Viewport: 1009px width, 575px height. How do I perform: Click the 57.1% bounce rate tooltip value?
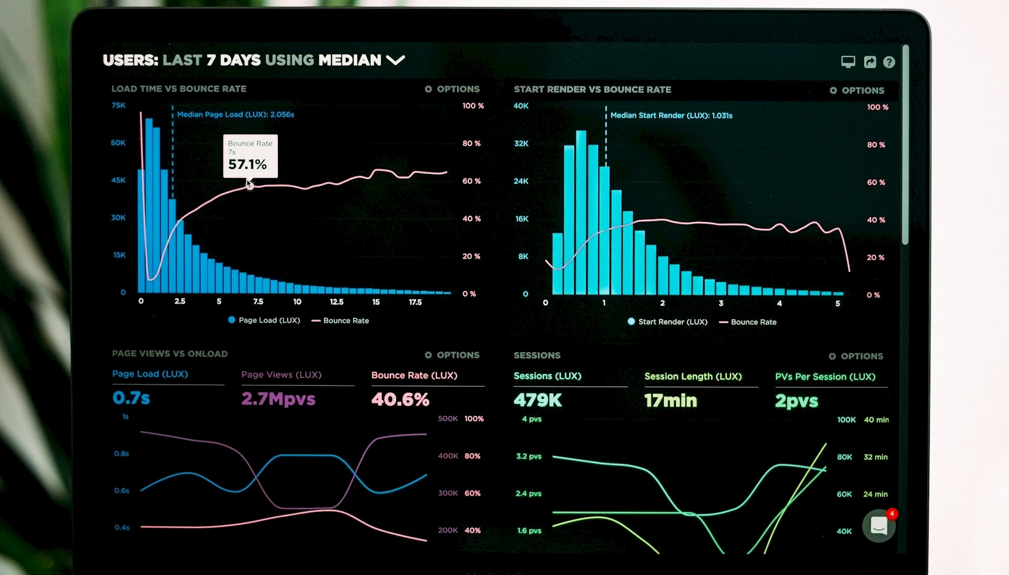click(247, 165)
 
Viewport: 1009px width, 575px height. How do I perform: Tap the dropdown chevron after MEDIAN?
click(395, 60)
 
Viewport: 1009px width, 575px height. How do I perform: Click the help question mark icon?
click(889, 62)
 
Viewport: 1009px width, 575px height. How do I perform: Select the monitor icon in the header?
click(848, 62)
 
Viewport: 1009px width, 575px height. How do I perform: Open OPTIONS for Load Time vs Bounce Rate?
click(452, 89)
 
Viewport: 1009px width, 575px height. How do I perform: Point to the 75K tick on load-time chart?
click(119, 105)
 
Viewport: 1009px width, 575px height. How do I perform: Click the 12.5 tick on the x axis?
click(336, 302)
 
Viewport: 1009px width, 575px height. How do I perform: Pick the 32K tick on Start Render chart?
click(521, 143)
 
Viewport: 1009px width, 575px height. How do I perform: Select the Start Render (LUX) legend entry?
click(667, 322)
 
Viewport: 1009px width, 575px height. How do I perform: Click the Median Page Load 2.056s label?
click(235, 115)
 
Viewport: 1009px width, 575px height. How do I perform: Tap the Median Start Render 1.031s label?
click(671, 116)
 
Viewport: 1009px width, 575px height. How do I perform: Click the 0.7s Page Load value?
click(131, 398)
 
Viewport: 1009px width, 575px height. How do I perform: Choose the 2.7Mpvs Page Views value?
click(278, 399)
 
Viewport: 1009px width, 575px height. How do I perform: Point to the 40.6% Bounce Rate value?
click(400, 399)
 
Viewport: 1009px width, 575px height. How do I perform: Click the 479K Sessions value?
click(538, 401)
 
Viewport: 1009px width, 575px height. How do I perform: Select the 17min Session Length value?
click(671, 401)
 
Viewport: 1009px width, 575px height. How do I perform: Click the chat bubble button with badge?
click(879, 526)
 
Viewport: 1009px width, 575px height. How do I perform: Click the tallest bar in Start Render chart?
click(581, 210)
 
